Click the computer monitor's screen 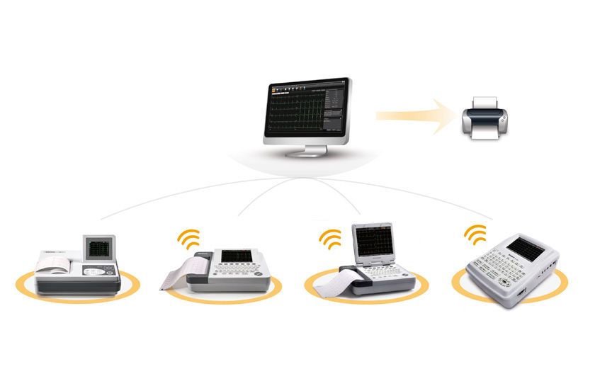[309, 109]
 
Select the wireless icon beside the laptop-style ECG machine [330, 239]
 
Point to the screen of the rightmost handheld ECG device [523, 246]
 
